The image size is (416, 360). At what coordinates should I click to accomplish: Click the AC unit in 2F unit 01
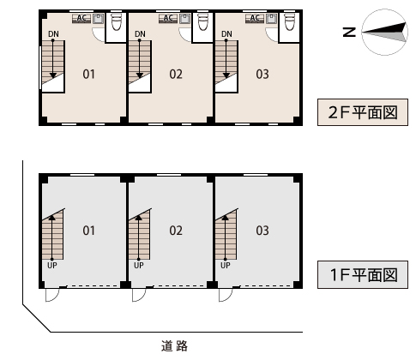coord(81,19)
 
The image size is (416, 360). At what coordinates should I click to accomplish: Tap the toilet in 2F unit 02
coord(203,21)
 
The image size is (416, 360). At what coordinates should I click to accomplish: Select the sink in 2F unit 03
coord(272,19)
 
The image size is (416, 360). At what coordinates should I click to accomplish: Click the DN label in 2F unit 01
coord(53,34)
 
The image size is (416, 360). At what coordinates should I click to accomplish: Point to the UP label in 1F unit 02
coord(139,266)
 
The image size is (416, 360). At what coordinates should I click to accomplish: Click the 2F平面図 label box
coord(363,112)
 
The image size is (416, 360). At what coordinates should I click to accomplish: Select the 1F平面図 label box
coord(363,274)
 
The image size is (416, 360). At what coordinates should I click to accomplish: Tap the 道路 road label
coord(174,345)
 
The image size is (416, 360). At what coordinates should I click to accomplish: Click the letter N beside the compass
coord(349,33)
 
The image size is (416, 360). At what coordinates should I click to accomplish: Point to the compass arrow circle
coord(384,32)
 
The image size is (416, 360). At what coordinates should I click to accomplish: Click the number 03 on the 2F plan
coord(262,75)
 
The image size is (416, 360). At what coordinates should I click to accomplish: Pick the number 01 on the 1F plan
coord(88,231)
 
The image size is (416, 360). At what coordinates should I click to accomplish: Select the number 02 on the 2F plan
coord(176,75)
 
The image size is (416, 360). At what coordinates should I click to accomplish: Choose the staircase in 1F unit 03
coord(226,234)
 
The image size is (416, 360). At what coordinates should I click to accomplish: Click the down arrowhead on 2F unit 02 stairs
coord(140,75)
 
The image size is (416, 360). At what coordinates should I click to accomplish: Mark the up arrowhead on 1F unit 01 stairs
coord(51,217)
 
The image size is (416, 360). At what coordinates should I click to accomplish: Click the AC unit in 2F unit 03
coord(255,19)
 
